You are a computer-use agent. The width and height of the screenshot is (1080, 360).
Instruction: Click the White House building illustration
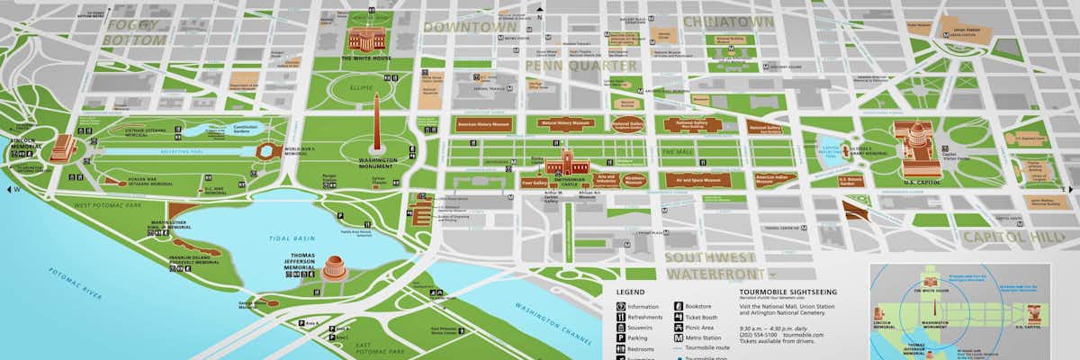[x=366, y=40]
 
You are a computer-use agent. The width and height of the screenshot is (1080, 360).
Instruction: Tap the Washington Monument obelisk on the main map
[x=377, y=125]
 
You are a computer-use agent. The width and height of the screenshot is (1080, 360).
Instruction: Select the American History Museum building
[x=483, y=125]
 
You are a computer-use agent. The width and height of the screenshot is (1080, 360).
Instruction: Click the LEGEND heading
[x=630, y=292]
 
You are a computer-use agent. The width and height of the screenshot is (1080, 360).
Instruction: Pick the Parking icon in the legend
[x=621, y=339]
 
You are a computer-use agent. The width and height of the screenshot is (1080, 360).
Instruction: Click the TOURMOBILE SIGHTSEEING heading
[x=787, y=292]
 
